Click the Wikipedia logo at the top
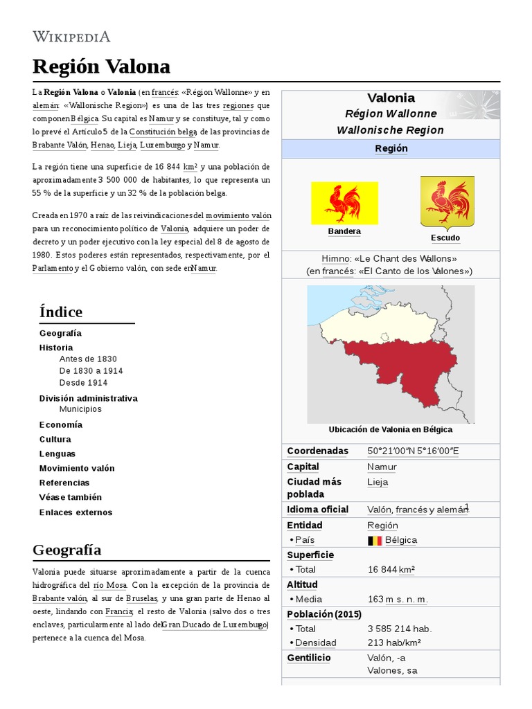click(71, 37)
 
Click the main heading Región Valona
click(101, 66)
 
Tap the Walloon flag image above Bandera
click(344, 203)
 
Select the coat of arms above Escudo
click(447, 201)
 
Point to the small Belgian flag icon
click(375, 540)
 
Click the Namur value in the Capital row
click(382, 467)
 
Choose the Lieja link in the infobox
click(378, 482)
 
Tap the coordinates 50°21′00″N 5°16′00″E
click(413, 451)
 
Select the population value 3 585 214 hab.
click(399, 629)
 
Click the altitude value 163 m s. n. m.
click(397, 599)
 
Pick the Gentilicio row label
click(309, 658)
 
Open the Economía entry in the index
click(61, 424)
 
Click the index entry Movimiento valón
click(77, 468)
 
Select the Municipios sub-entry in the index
click(80, 409)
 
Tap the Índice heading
click(61, 312)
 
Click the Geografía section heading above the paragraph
click(66, 550)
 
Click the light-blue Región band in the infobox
click(391, 149)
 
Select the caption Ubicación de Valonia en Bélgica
click(391, 429)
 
